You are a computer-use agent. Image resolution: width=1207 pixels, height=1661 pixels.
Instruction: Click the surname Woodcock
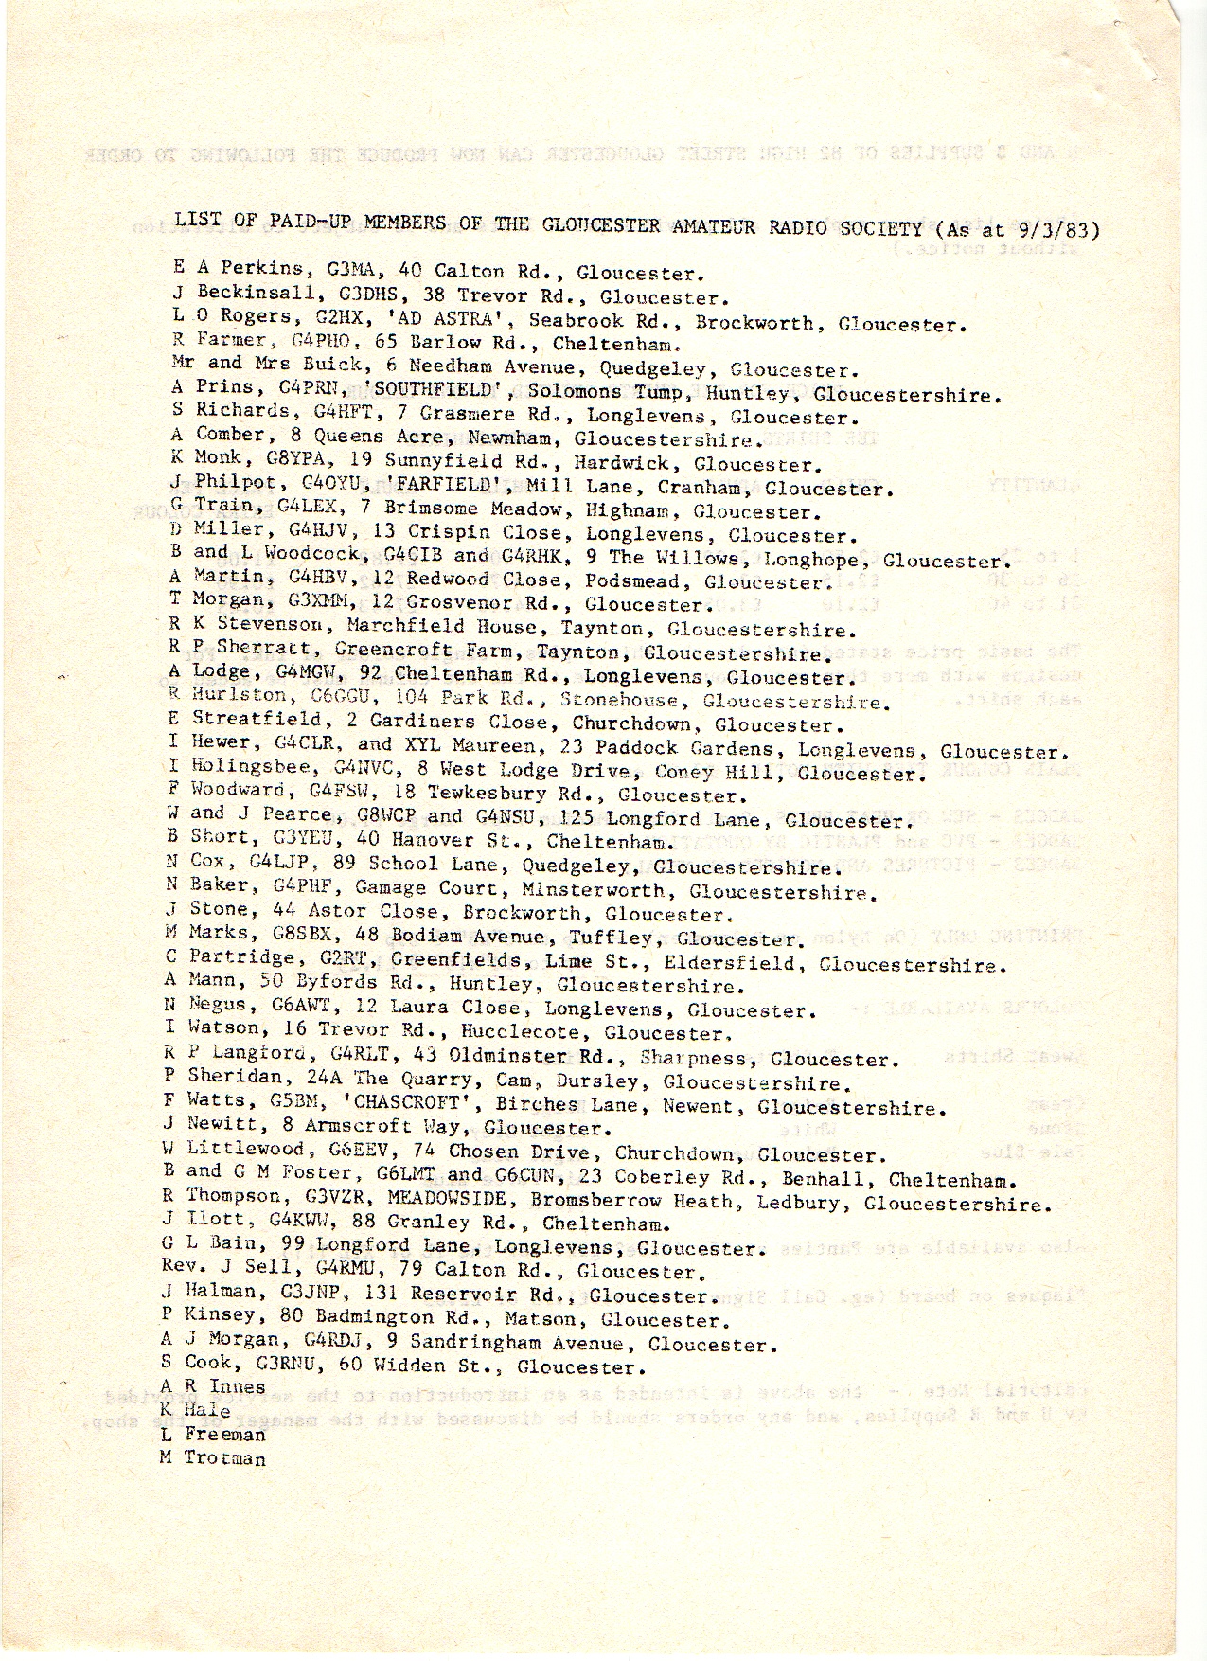[x=292, y=553]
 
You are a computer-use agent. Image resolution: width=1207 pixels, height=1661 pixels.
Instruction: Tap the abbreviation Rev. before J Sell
[x=180, y=1269]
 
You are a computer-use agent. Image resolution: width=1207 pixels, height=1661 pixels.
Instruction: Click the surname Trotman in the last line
[x=225, y=1458]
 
